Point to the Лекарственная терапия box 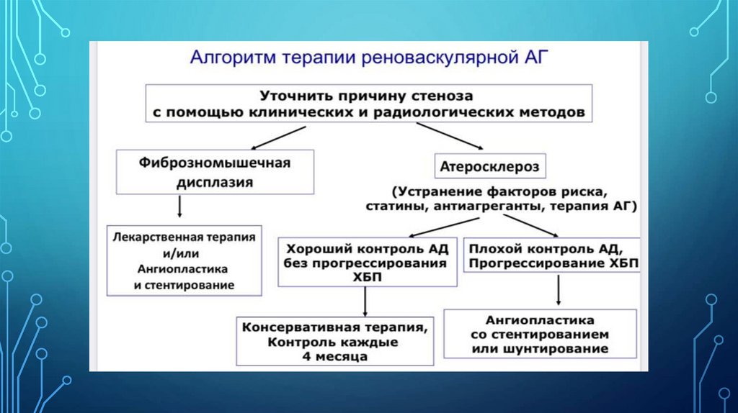184,260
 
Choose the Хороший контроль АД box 368,263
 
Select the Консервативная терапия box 337,340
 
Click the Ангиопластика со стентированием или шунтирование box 540,333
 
